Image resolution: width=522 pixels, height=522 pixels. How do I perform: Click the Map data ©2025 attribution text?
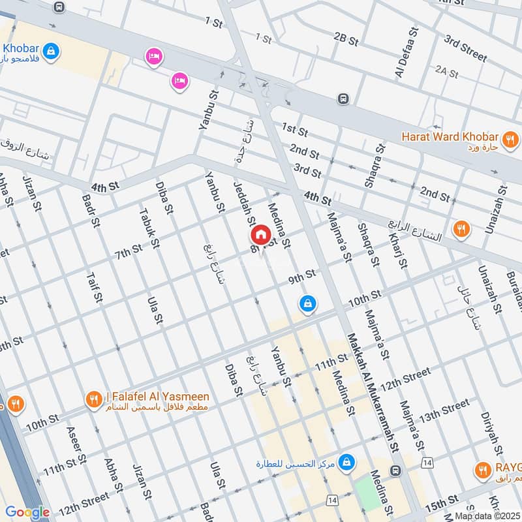coord(487,515)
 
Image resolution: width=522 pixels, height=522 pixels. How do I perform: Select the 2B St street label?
coord(346,40)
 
